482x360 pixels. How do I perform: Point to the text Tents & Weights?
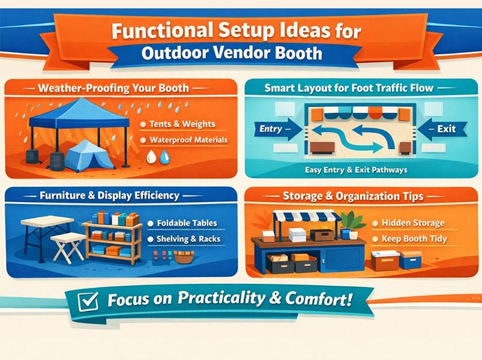pos(179,124)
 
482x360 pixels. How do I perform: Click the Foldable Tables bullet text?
pos(186,223)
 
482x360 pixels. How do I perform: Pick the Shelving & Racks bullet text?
pos(188,239)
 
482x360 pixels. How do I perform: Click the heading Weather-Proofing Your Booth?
pos(113,88)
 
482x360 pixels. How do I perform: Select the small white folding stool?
pos(67,245)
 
